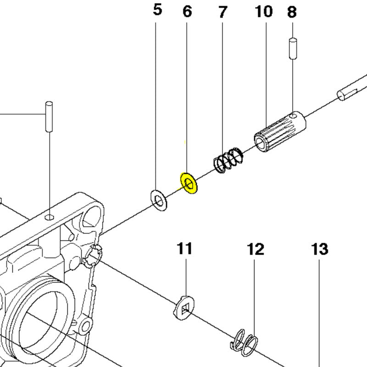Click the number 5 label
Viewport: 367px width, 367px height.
(157, 10)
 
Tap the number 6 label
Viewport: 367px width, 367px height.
(187, 11)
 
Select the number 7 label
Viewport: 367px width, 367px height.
(222, 12)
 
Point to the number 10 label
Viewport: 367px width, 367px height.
(264, 11)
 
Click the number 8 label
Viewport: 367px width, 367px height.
(292, 12)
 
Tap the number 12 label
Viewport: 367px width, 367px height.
(256, 250)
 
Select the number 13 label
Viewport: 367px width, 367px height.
(319, 250)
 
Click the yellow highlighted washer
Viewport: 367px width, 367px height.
(189, 183)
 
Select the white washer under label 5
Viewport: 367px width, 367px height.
(159, 200)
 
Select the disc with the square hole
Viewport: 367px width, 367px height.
(185, 307)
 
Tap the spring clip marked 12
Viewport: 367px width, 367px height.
(245, 342)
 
